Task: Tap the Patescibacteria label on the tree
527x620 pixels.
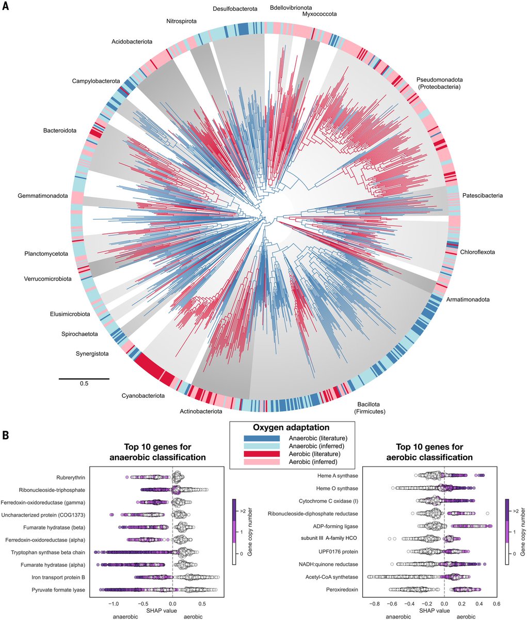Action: (x=482, y=196)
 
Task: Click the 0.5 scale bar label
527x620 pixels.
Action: (x=84, y=384)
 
